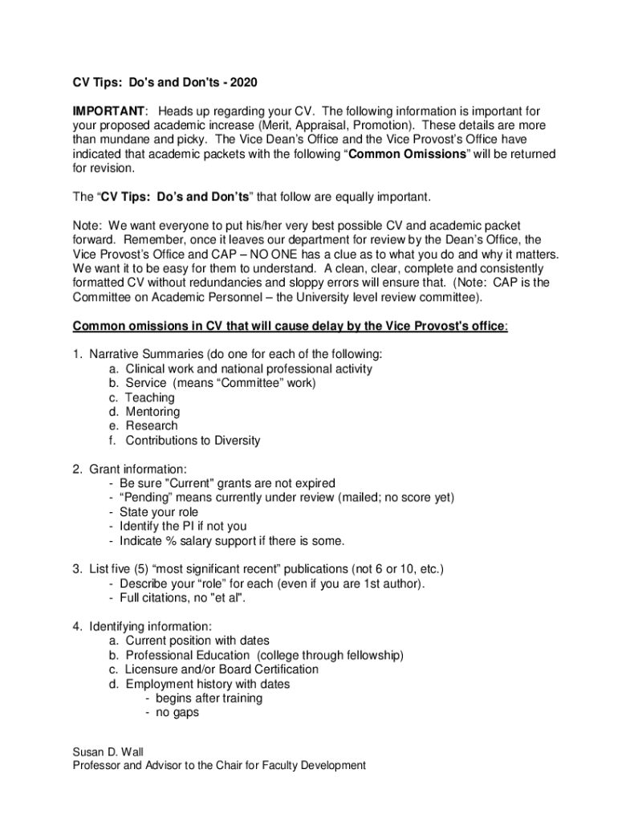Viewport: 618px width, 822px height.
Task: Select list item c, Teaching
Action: click(149, 397)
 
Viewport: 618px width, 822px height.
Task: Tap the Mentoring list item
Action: click(152, 412)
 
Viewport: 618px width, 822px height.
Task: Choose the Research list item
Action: click(152, 425)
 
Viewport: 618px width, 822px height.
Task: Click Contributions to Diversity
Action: click(193, 440)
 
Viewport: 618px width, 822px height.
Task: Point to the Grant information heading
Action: click(138, 469)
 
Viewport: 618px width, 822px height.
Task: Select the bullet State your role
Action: click(158, 512)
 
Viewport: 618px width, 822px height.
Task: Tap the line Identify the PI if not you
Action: click(183, 527)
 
